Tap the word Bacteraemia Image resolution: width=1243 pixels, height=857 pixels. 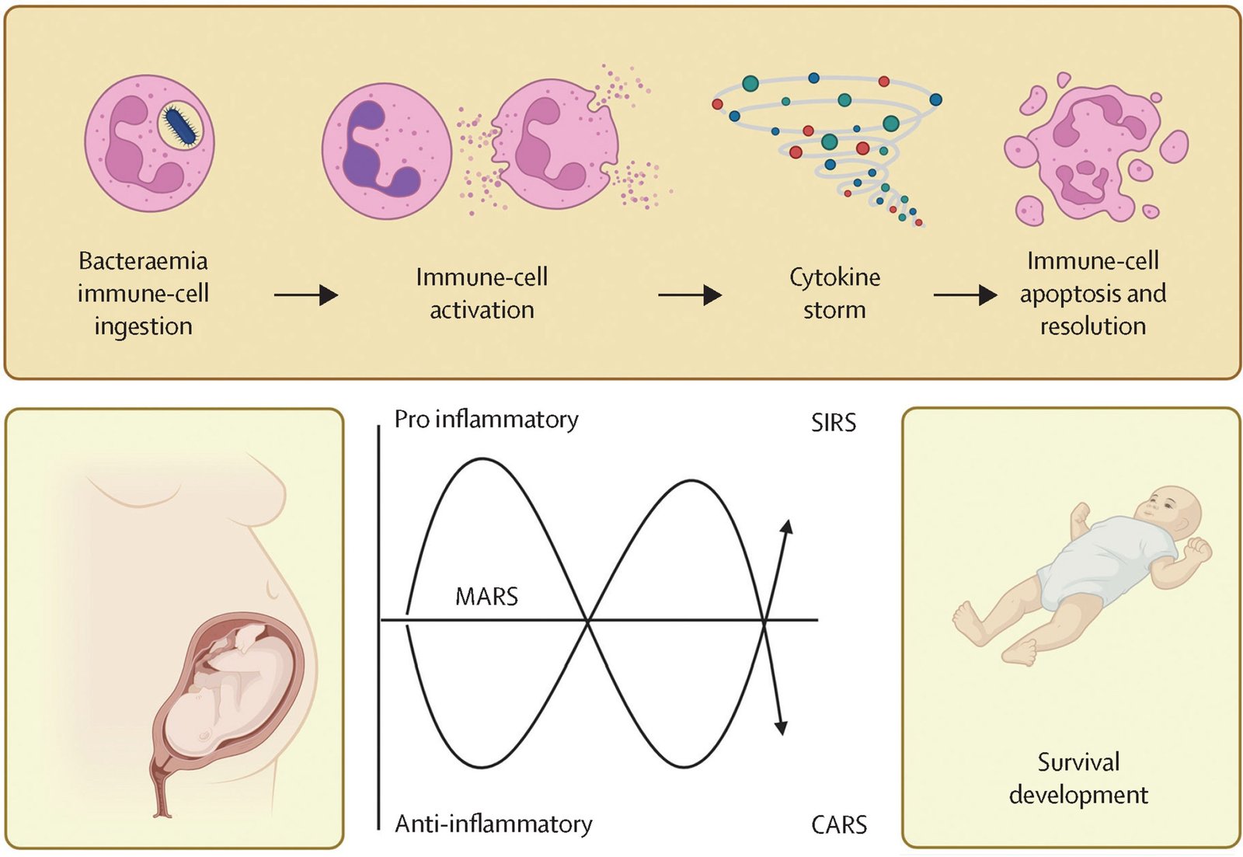coord(143,261)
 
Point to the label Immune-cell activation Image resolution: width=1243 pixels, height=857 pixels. coord(482,293)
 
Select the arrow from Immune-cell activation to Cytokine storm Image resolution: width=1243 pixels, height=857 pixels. coord(689,295)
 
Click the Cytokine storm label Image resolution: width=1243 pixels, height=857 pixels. coord(834,293)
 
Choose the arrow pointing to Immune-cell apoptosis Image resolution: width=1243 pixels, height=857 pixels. coord(965,295)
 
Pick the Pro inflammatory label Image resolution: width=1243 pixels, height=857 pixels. coord(486,420)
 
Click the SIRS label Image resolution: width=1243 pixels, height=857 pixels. coord(834,423)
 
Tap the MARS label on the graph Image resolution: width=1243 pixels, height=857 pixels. coord(486,597)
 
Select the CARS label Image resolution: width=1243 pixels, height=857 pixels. coord(839,824)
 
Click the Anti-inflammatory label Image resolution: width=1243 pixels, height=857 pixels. coord(493,824)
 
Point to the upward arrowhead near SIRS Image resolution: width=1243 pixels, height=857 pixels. coord(787,527)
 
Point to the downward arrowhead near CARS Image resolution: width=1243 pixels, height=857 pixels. coord(781,726)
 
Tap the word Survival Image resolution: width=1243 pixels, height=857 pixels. coord(1078,762)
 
